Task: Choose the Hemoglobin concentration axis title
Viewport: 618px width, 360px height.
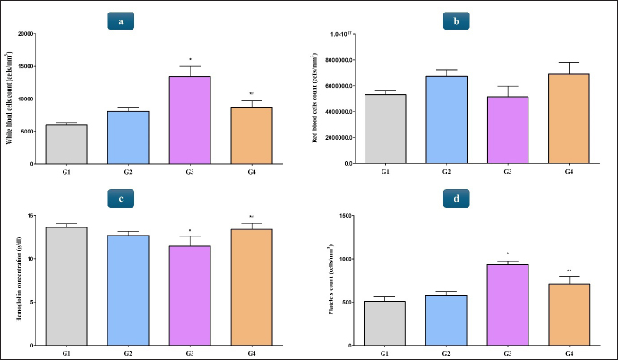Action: click(x=19, y=280)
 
